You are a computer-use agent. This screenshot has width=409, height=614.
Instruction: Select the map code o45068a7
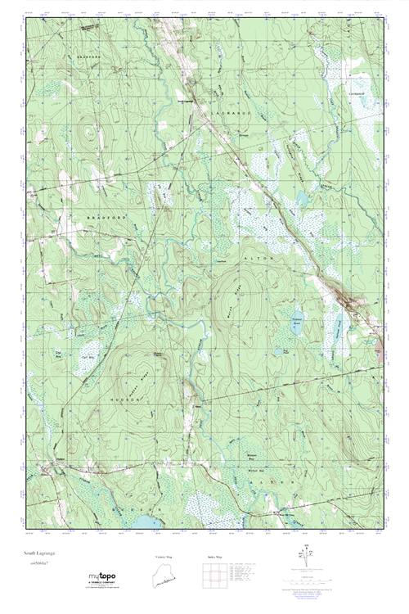coord(38,564)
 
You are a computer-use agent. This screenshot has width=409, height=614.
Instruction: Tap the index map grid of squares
coord(215,577)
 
